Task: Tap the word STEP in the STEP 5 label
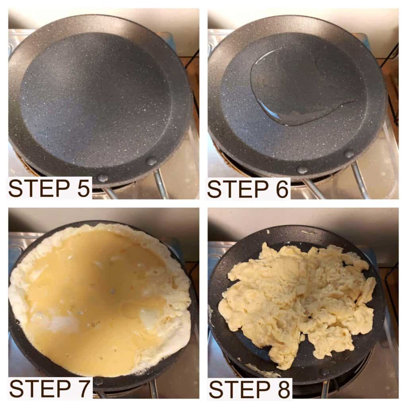pyautogui.click(x=39, y=188)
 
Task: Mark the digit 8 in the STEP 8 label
pyautogui.click(x=283, y=388)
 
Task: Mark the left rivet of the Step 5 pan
pyautogui.click(x=102, y=178)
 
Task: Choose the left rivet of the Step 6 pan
pyautogui.click(x=302, y=171)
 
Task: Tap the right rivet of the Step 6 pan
pyautogui.click(x=349, y=154)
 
